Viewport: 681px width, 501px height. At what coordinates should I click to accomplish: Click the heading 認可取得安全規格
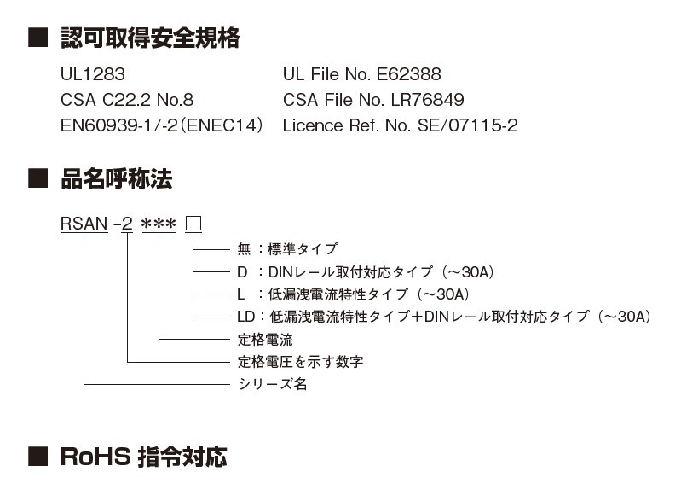coord(150,38)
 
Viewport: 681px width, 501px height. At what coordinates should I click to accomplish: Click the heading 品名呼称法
coord(117,179)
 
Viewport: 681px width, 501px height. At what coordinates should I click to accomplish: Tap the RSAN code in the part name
coord(84,224)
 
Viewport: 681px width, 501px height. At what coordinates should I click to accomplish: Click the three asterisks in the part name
coord(159,225)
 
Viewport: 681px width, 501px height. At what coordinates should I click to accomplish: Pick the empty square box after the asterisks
coord(193,224)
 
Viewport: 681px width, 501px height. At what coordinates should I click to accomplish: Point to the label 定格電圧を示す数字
coord(300,362)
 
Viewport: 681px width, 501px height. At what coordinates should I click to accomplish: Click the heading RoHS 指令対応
coord(144,457)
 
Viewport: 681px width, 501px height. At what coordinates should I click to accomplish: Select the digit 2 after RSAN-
coord(127,224)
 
